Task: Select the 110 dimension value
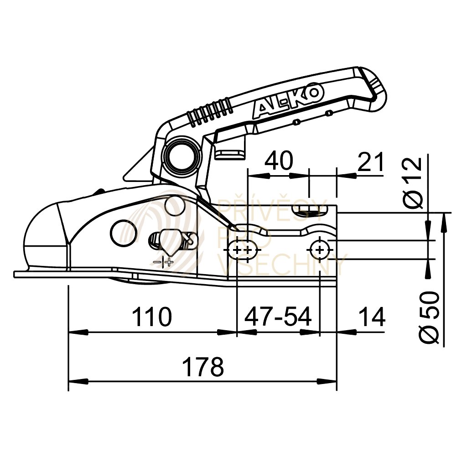[152, 317]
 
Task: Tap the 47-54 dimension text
[278, 317]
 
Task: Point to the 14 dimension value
[372, 317]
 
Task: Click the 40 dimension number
[278, 161]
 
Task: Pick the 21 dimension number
[371, 162]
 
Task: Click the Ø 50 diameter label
[429, 317]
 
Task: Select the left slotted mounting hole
[242, 250]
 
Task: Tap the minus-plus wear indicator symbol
[164, 262]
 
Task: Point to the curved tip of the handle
[377, 89]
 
